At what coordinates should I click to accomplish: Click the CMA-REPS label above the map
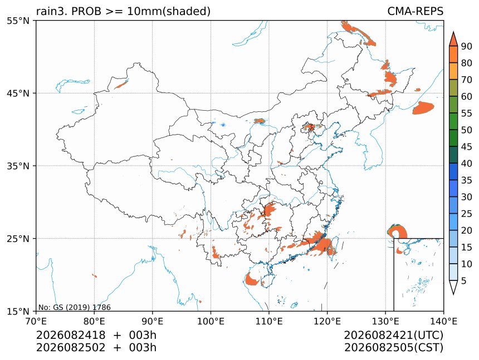(415, 11)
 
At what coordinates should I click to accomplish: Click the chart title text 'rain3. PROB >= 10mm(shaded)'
(124, 11)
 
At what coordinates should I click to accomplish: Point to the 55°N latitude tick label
(18, 21)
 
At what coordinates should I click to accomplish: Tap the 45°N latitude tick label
(18, 93)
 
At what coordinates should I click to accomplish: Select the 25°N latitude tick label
(18, 238)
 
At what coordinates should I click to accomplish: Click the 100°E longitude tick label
(211, 321)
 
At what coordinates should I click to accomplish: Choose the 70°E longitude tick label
(36, 321)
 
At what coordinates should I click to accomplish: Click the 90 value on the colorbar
(467, 46)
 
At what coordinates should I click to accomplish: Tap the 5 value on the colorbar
(464, 281)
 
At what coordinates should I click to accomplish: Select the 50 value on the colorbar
(467, 130)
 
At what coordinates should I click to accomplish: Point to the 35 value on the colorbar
(467, 180)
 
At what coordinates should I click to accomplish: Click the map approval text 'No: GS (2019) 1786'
(74, 307)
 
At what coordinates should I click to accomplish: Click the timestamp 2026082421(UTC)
(393, 336)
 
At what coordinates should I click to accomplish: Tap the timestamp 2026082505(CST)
(393, 348)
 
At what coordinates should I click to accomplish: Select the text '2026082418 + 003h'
(96, 336)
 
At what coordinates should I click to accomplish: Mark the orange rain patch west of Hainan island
(251, 279)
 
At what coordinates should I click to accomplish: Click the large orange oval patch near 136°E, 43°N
(423, 108)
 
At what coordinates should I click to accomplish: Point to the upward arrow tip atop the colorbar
(453, 32)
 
